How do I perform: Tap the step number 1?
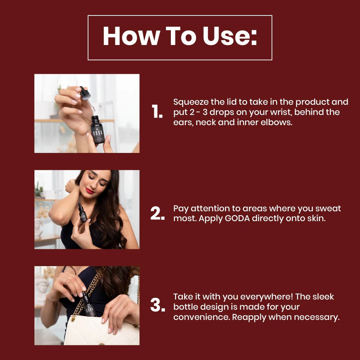point(157,112)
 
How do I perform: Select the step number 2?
point(157,213)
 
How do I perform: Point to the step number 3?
point(157,306)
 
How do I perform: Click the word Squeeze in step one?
point(191,102)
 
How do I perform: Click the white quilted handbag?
point(102,330)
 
